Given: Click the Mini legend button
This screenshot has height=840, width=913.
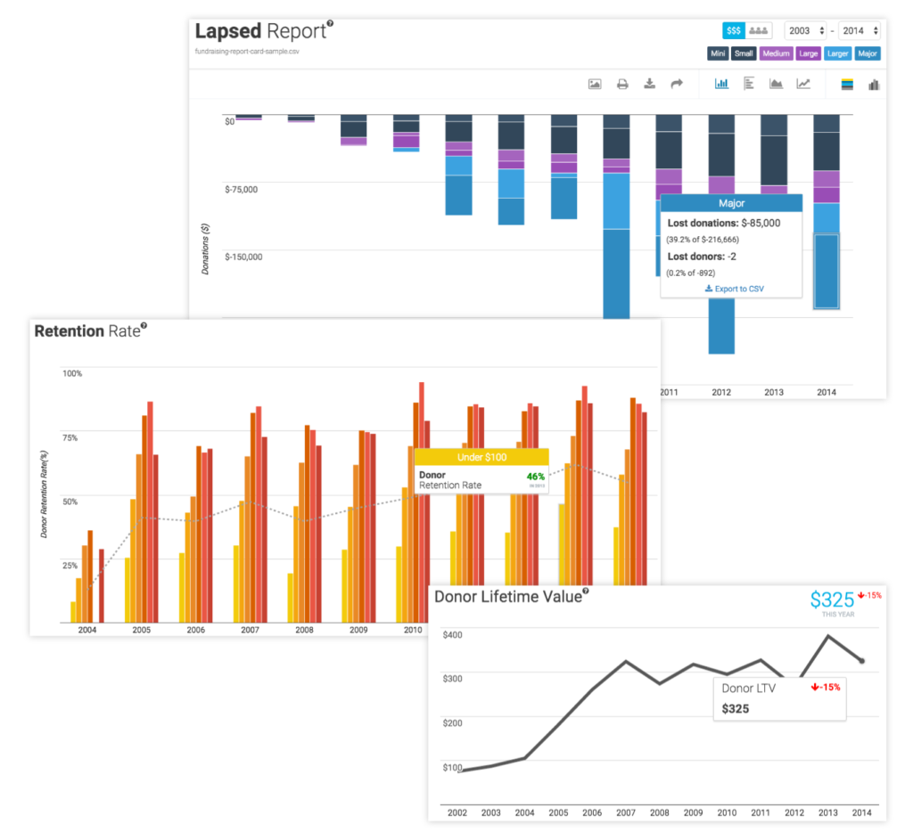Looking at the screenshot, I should coord(717,53).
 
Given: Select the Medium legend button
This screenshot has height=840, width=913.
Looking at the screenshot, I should coord(776,53).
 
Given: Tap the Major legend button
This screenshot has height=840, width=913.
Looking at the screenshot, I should coord(867,53).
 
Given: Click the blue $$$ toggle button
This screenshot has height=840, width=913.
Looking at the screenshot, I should coord(734,30).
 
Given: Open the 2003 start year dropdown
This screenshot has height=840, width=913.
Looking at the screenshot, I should coord(805,30).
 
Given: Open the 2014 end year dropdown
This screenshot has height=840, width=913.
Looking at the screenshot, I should coord(860,30).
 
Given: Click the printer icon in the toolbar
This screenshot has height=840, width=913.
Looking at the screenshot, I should coord(622,84).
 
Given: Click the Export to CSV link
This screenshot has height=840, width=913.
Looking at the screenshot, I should coord(734,289).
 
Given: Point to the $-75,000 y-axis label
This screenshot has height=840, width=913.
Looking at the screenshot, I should coord(241,189).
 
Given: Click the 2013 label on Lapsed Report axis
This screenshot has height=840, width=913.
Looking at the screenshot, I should coord(775,391).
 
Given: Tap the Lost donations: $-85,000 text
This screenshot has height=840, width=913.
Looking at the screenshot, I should coord(724,223).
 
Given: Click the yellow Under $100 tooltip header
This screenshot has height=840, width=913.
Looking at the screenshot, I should coord(481,457).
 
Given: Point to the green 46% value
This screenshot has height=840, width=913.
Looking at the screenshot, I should coord(535,476).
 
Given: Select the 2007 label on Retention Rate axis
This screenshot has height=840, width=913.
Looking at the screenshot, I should coord(250,629).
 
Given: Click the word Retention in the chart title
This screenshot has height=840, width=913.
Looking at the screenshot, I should coord(69,331).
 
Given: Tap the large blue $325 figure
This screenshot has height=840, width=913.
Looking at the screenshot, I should coord(831,599).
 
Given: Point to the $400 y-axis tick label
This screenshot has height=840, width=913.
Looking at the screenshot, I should coord(453,634).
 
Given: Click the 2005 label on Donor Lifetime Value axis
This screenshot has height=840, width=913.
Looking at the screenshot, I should coord(558,813).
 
